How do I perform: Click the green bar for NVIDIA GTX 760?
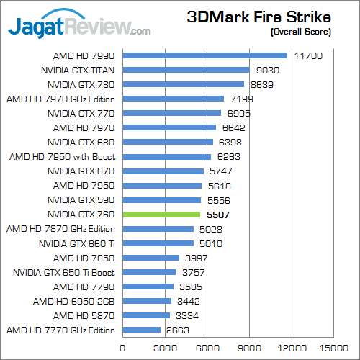tap(161, 215)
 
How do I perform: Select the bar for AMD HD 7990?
tap(204, 55)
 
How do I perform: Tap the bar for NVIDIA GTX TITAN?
tap(186, 70)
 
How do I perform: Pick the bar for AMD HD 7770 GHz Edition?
tap(141, 330)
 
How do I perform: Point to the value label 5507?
tap(217, 215)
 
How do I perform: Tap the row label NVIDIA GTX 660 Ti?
tap(77, 243)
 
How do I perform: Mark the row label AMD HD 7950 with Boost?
tap(63, 156)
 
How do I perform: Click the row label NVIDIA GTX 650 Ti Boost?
tap(64, 272)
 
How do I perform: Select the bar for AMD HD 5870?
tap(145, 315)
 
